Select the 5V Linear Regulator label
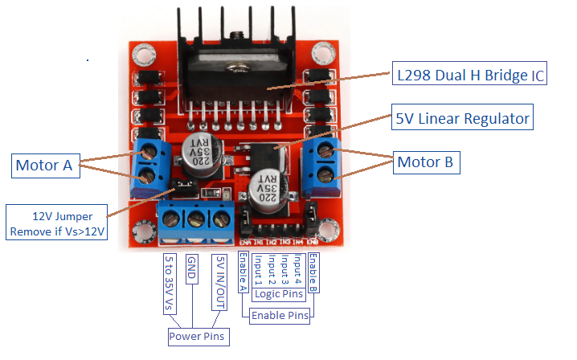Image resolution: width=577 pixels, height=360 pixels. pos(461,119)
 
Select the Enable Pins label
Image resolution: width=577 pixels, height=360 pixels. pos(280,316)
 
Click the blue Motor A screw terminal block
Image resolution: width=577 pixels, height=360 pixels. pos(149,163)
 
